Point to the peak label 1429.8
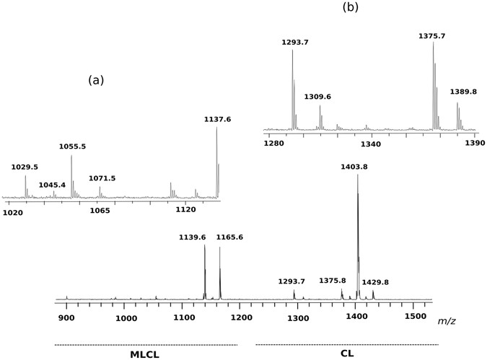pos(375,282)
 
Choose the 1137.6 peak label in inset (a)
pos(218,120)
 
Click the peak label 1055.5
pos(72,146)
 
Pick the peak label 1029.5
pos(25,167)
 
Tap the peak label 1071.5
pos(102,178)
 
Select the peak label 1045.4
pos(52,185)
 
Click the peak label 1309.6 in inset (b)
pos(317,97)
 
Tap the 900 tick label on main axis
pos(66,317)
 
